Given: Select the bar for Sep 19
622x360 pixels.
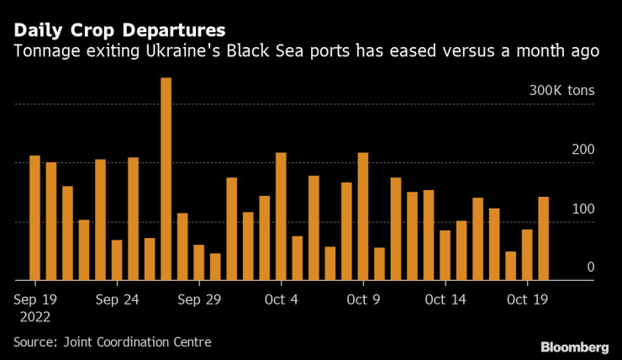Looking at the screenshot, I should (34, 218).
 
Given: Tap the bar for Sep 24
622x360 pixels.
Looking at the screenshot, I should (117, 260).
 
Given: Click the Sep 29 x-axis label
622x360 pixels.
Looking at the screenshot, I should (199, 299).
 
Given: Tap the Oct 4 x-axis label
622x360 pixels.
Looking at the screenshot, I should (281, 299).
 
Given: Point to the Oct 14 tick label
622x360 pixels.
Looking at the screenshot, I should (445, 299).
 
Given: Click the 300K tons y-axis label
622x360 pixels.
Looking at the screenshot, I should (561, 91).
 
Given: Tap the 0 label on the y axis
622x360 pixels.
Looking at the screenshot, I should (591, 267).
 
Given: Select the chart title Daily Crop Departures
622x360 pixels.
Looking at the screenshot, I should (119, 30).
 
